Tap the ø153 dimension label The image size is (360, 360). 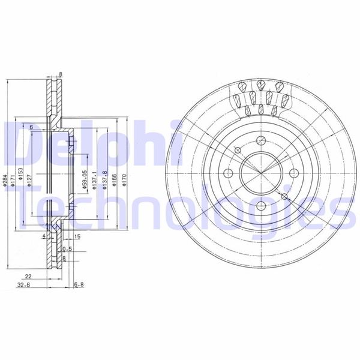coord(20,175)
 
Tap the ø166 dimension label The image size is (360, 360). coord(115,179)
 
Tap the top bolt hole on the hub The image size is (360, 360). coord(260,140)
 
